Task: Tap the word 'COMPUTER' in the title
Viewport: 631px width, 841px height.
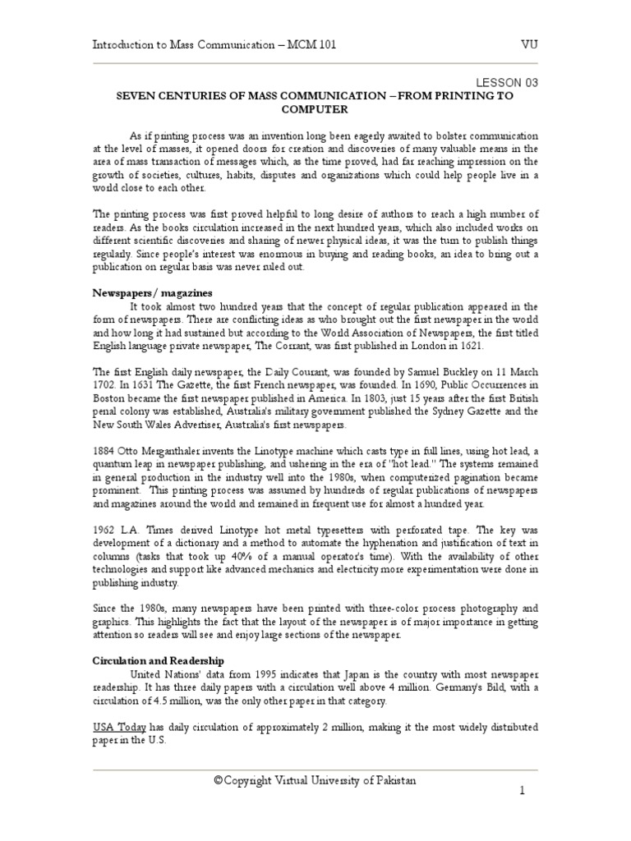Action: point(315,108)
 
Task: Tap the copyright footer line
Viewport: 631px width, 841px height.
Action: point(315,780)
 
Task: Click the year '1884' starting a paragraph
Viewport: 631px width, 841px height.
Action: point(104,450)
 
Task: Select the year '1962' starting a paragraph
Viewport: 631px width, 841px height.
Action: point(104,530)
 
